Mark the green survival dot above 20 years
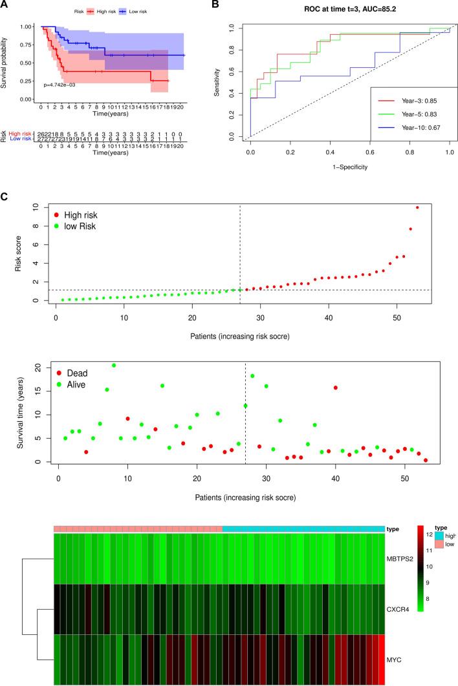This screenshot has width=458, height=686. click(114, 366)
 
